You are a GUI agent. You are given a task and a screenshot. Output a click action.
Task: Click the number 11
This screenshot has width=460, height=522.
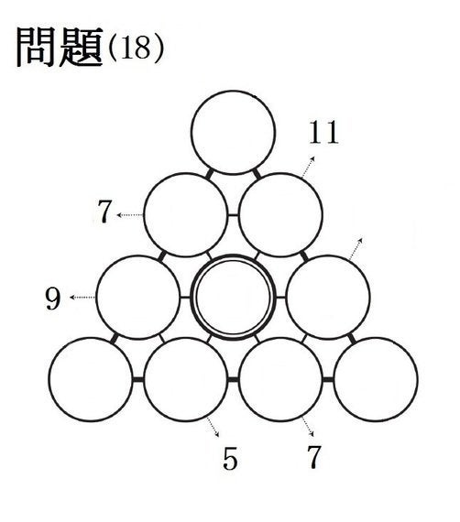point(323,133)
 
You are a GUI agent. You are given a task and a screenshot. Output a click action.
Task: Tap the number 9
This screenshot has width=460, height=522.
point(53,299)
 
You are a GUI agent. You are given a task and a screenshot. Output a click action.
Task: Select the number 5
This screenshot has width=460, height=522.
point(230,459)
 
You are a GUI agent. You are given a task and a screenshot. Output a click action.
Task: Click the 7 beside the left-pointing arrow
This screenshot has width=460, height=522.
point(104,212)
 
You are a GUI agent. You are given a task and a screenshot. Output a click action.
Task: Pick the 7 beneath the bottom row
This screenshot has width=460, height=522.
point(313,457)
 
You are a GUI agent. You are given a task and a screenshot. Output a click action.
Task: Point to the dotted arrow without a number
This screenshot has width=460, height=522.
point(356,249)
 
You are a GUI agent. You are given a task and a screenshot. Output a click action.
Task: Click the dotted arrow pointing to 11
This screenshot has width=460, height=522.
point(308,167)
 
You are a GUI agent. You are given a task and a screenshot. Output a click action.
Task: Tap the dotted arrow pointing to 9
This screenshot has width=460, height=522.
point(82,298)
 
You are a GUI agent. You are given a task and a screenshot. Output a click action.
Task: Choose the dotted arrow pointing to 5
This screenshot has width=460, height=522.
point(213,427)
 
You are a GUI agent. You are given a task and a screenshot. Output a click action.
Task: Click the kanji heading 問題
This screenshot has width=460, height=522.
point(60,48)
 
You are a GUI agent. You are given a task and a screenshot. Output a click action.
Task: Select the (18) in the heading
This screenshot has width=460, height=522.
point(137,49)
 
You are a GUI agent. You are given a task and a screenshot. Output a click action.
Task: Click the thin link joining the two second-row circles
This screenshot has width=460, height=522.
point(233,214)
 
